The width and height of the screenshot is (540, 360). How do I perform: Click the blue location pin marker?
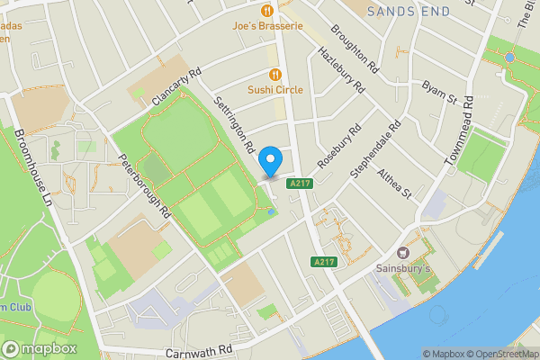[x=270, y=162]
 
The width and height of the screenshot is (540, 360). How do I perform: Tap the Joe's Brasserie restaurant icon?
[x=267, y=11]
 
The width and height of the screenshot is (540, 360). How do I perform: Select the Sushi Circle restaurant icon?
[x=274, y=75]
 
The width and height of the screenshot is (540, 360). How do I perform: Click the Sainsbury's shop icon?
[x=402, y=253]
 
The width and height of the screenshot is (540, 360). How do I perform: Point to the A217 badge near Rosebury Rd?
[x=300, y=184]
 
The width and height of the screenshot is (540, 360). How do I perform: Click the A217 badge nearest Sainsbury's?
[x=324, y=262]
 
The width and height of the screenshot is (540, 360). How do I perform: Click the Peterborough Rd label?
[x=145, y=187]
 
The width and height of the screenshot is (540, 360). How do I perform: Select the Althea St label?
[x=394, y=183]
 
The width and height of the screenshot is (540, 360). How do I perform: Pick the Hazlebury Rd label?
[x=341, y=70]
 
